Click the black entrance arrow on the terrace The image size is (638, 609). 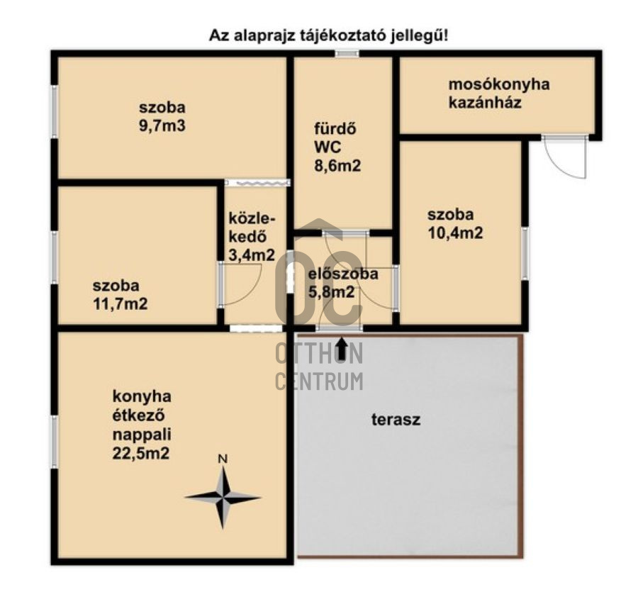[x=342, y=349]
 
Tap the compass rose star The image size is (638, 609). [x=223, y=497]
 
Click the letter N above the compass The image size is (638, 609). [x=223, y=459]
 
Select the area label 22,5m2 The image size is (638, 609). [x=141, y=453]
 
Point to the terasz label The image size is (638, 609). [x=396, y=420]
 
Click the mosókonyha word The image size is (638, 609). [x=499, y=84]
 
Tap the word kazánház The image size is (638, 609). [x=485, y=102]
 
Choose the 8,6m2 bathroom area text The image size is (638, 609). [x=337, y=166]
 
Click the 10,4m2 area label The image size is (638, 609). [x=455, y=233]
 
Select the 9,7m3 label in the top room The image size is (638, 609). [x=162, y=125]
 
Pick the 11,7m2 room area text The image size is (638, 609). [x=121, y=303]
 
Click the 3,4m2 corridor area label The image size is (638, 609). [x=252, y=255]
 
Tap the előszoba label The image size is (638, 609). [x=343, y=274]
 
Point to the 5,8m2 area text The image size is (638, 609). [x=331, y=292]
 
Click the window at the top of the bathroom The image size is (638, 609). [x=347, y=53]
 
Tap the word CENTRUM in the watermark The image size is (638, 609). [x=320, y=381]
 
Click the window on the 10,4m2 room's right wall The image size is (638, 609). [x=525, y=253]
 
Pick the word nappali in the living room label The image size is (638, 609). [x=142, y=435]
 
